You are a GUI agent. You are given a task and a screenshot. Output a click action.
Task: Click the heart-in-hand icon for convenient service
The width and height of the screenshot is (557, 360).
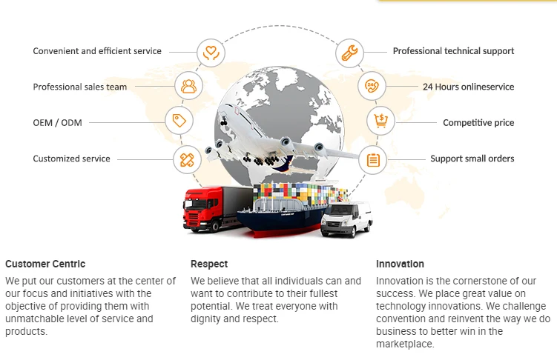[x=211, y=52]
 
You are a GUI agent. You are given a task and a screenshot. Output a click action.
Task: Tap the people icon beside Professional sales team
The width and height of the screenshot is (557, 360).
[x=188, y=87]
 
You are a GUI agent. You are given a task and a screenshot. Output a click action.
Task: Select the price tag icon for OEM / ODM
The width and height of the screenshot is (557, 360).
[x=178, y=121]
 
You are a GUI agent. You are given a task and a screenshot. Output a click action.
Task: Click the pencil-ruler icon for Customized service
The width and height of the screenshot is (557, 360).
[x=187, y=159]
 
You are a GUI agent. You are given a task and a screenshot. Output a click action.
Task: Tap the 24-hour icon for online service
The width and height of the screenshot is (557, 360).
[x=372, y=87]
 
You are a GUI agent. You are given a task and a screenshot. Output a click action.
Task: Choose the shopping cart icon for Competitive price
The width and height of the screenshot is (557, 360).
[x=380, y=121]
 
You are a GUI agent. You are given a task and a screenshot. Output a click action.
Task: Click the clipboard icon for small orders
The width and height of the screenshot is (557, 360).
[x=373, y=159]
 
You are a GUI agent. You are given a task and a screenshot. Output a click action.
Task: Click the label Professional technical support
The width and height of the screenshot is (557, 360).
[x=453, y=51]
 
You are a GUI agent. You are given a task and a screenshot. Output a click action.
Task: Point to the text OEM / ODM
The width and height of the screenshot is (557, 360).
[x=57, y=122]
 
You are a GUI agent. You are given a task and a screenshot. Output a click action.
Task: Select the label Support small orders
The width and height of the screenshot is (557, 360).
[x=472, y=159]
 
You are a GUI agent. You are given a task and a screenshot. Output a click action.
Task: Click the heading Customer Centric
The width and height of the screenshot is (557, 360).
[x=45, y=264]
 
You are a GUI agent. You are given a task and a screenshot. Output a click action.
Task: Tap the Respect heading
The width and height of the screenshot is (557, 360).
[x=209, y=264]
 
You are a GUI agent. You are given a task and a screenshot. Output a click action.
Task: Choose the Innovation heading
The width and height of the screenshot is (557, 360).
[x=400, y=264]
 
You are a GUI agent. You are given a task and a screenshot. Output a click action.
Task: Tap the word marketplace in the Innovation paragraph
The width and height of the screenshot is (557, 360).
[x=403, y=344]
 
